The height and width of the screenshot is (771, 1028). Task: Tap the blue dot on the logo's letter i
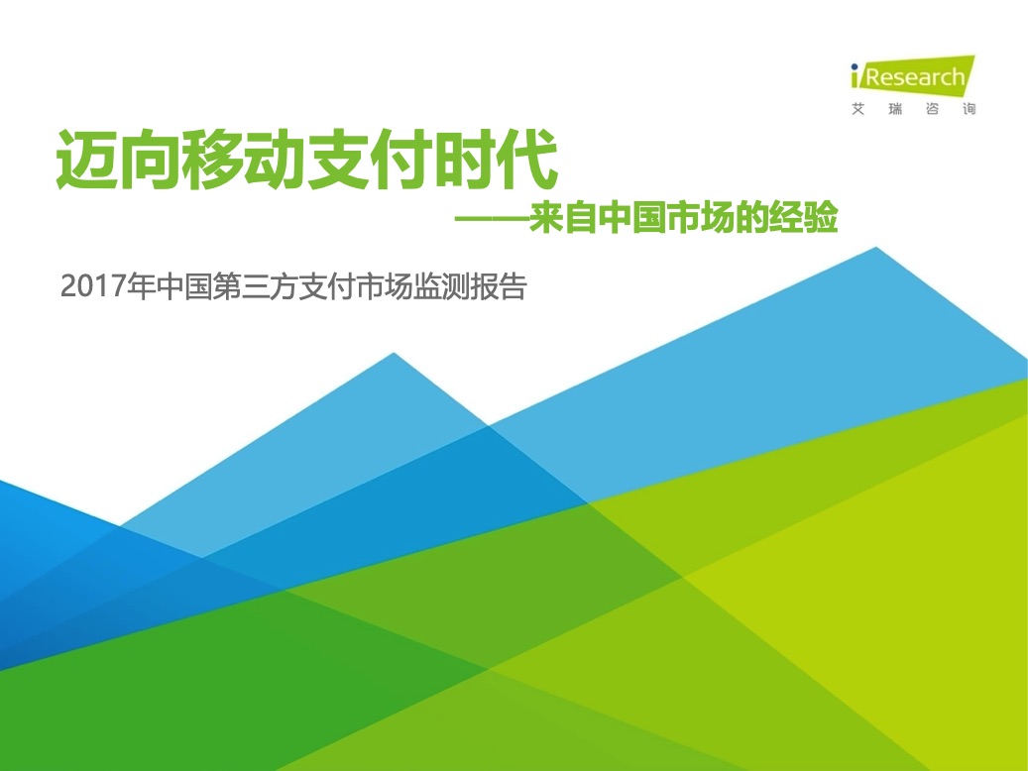tap(855, 66)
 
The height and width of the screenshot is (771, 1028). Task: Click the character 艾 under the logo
tap(857, 109)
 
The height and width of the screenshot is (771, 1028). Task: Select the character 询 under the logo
tap(969, 109)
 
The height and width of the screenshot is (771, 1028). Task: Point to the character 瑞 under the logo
tap(895, 109)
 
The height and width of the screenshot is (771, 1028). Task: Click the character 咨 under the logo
tap(932, 109)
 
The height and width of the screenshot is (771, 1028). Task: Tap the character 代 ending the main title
tap(527, 160)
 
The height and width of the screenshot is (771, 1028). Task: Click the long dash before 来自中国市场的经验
tap(492, 219)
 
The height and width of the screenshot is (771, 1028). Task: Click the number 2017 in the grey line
tap(93, 287)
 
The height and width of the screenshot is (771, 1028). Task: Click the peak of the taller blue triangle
tap(876, 248)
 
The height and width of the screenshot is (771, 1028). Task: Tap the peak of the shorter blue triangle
tap(394, 354)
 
